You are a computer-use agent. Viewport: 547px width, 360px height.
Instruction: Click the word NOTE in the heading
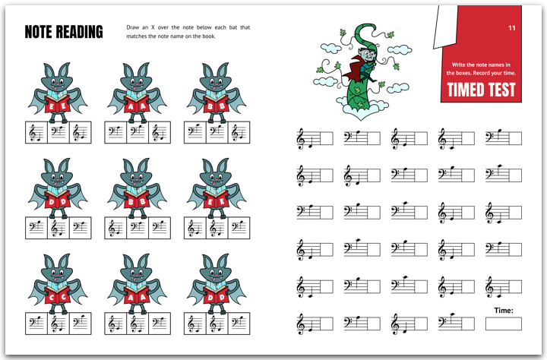39,32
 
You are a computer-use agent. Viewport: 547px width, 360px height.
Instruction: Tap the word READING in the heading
79,32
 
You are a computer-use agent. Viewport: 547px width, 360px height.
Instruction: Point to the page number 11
512,28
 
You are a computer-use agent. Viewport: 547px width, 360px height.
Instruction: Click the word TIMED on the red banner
466,90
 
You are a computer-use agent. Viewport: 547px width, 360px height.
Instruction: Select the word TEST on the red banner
501,90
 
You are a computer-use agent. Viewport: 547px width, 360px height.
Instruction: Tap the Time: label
504,310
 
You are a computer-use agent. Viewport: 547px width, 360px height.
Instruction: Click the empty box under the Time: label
504,324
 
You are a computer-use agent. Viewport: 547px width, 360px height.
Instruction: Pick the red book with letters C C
58,296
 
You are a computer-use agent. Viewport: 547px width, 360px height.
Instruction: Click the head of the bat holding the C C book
58,269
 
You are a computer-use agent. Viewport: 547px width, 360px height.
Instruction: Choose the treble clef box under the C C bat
58,324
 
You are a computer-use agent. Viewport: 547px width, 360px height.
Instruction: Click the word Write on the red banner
458,65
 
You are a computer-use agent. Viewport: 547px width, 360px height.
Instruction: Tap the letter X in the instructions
153,27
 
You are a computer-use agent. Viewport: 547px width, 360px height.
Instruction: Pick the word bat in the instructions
233,27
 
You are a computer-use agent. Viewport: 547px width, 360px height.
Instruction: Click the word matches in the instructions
137,36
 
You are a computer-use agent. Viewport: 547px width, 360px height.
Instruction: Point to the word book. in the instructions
209,36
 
